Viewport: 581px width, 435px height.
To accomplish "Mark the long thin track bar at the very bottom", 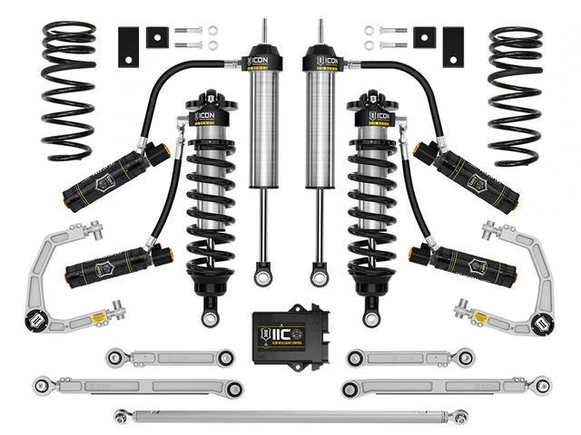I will click(x=290, y=417).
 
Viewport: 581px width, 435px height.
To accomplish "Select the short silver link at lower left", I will click(x=168, y=357).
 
